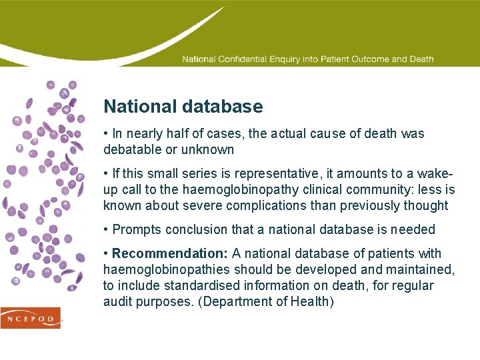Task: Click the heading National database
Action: (183, 107)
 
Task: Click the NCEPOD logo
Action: (31, 318)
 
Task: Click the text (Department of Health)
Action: (267, 302)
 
